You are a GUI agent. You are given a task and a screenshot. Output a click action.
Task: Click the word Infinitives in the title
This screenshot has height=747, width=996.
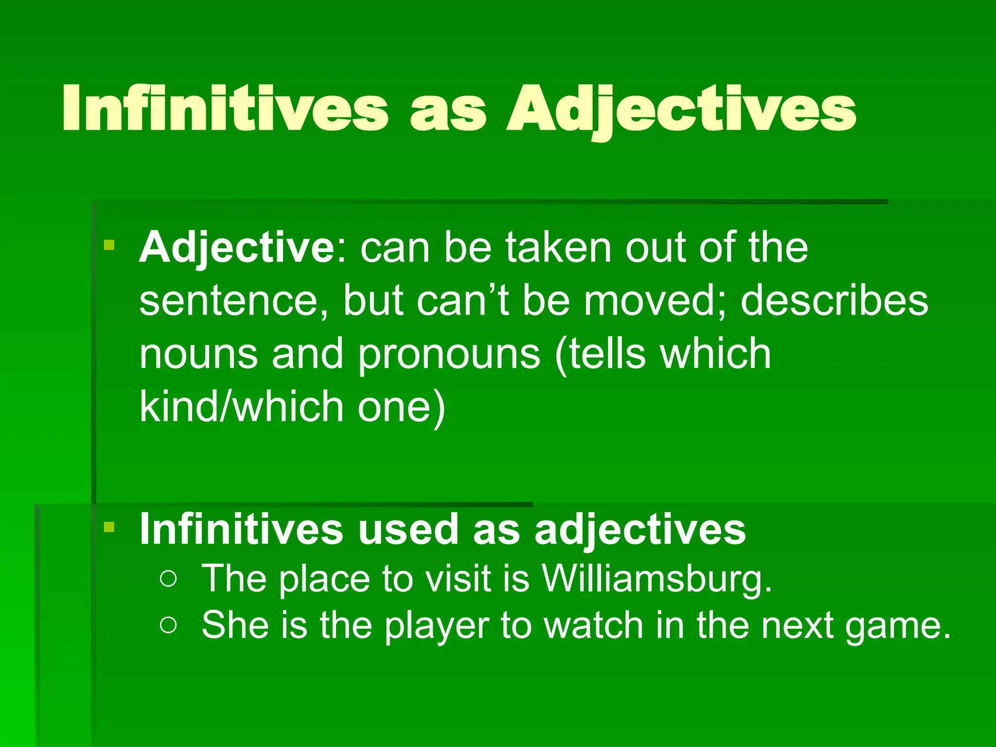(225, 108)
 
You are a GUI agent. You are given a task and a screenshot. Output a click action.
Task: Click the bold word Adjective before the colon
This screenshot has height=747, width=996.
(236, 248)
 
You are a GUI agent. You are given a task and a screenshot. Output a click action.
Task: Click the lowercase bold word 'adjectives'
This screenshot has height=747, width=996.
(640, 530)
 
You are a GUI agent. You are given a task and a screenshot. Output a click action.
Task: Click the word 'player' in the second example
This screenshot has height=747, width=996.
(437, 626)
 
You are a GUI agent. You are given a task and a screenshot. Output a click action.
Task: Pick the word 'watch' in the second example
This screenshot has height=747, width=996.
(594, 625)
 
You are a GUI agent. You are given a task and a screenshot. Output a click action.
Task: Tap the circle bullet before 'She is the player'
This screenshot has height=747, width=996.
(168, 625)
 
